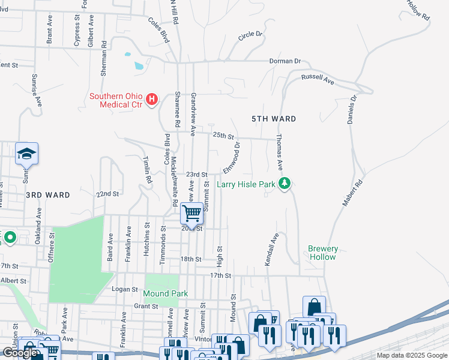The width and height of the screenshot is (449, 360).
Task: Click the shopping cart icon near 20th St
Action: click(x=191, y=213)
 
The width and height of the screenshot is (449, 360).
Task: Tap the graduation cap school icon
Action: click(x=26, y=155)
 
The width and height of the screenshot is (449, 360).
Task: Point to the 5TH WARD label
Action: click(x=274, y=119)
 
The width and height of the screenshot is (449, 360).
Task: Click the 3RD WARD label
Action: click(x=48, y=195)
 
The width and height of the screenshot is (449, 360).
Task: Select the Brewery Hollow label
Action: click(x=324, y=253)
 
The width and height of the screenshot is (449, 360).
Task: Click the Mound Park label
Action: click(x=166, y=293)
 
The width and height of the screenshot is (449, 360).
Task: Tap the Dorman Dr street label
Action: click(x=285, y=61)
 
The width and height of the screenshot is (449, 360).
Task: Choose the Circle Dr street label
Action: click(x=250, y=36)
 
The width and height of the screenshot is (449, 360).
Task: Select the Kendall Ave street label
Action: click(x=272, y=250)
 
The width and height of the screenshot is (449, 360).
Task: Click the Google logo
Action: click(x=20, y=353)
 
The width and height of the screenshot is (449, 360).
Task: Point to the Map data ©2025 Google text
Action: click(x=412, y=355)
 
